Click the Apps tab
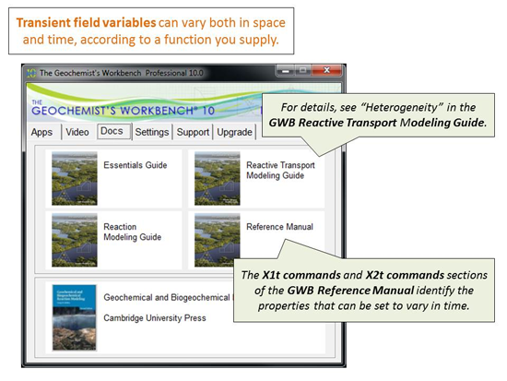41,132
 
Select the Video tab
77,132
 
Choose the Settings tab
152,132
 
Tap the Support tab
193,132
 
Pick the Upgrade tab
234,132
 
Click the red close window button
326,70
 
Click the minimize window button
285,70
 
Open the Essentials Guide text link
136,165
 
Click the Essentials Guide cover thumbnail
75,178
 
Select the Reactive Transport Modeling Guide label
280,171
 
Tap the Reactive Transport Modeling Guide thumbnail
218,178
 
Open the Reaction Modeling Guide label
132,232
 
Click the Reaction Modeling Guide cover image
75,240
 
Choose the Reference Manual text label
279,227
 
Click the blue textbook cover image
75,317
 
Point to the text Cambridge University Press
155,318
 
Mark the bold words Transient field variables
86,23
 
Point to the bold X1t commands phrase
301,275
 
